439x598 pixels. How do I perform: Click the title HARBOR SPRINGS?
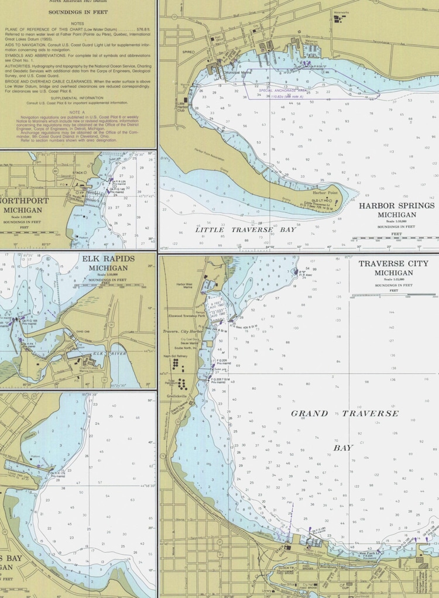tap(396, 206)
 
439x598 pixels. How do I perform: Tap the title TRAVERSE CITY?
tap(393, 264)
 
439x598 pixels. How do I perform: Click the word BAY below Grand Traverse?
tap(344, 448)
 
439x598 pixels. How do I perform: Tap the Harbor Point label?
tap(325, 193)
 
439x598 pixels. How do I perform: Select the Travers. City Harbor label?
tap(183, 331)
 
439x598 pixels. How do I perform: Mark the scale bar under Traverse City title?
tap(393, 295)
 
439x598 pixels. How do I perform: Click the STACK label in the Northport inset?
tap(79, 173)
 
